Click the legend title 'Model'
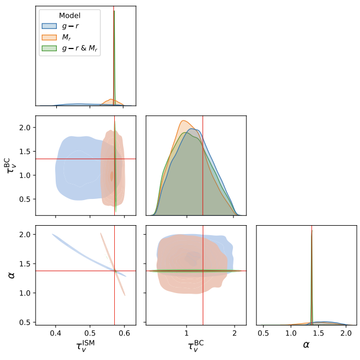point(69,15)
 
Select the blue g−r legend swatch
point(48,26)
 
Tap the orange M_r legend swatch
point(48,37)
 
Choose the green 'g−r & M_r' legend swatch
point(48,48)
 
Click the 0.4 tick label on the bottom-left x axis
point(56,333)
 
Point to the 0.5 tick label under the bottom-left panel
point(90,333)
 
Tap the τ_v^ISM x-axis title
point(85,346)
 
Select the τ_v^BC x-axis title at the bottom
point(196,346)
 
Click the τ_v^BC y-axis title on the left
point(11,166)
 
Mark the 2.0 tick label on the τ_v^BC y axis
point(24,128)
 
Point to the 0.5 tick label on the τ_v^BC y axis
point(24,199)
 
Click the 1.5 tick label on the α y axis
point(24,264)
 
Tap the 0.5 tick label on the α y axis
point(24,322)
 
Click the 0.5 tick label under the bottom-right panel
point(264,333)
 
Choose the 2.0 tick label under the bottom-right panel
point(346,333)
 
